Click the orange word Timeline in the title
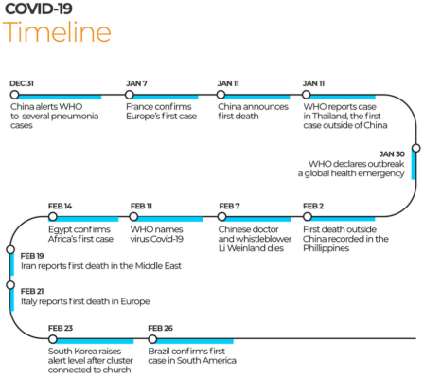coord(57,31)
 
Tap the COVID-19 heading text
coord(39,9)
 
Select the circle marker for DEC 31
coord(14,95)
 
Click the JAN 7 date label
coord(136,83)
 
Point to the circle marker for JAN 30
coord(416,148)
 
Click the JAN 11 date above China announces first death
coord(228,83)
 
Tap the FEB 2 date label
coord(313,206)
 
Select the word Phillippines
coord(327,248)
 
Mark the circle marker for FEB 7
coord(221,217)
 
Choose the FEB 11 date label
coord(141,206)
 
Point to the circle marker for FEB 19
coord(10,249)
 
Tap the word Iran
coord(27,266)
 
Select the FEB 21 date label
coord(32,291)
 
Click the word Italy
coord(28,302)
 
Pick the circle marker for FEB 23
coord(53,339)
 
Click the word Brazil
coord(159,352)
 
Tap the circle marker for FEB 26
coord(152,339)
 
